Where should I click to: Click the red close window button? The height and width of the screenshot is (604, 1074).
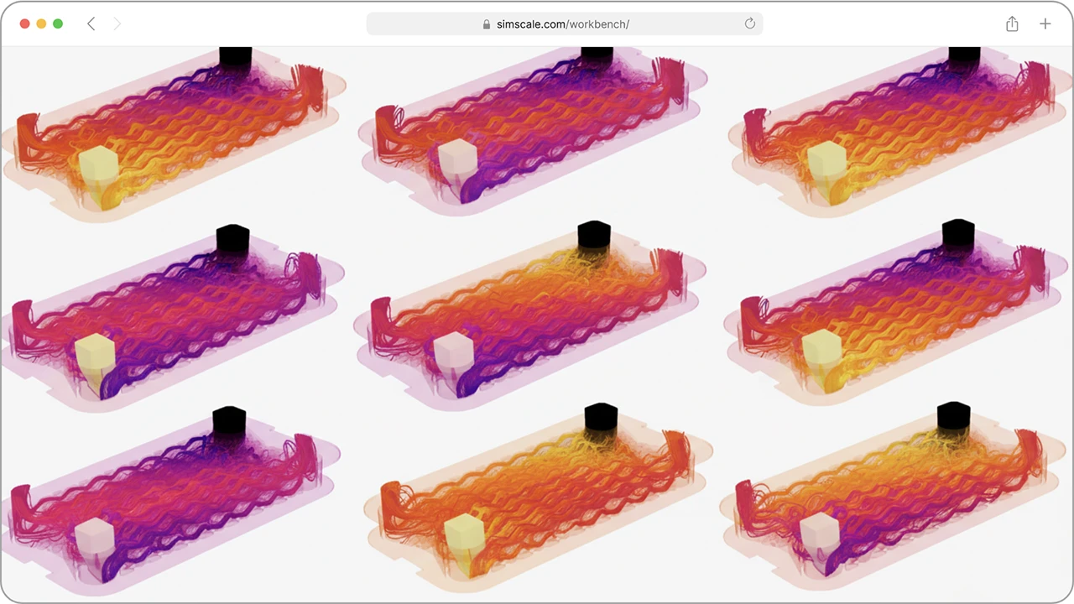[25, 23]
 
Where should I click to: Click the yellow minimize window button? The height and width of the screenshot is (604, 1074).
[41, 23]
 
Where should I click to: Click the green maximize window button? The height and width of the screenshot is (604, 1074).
[58, 23]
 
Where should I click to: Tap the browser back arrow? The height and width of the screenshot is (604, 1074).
[91, 23]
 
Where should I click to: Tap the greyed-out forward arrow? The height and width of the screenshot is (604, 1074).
[117, 23]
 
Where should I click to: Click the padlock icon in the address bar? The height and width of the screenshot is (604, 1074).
[486, 24]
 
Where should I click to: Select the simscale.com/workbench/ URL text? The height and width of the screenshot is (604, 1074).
[563, 24]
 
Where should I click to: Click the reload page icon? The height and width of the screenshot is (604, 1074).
[750, 23]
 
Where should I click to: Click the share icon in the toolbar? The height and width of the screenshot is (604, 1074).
[1012, 23]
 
